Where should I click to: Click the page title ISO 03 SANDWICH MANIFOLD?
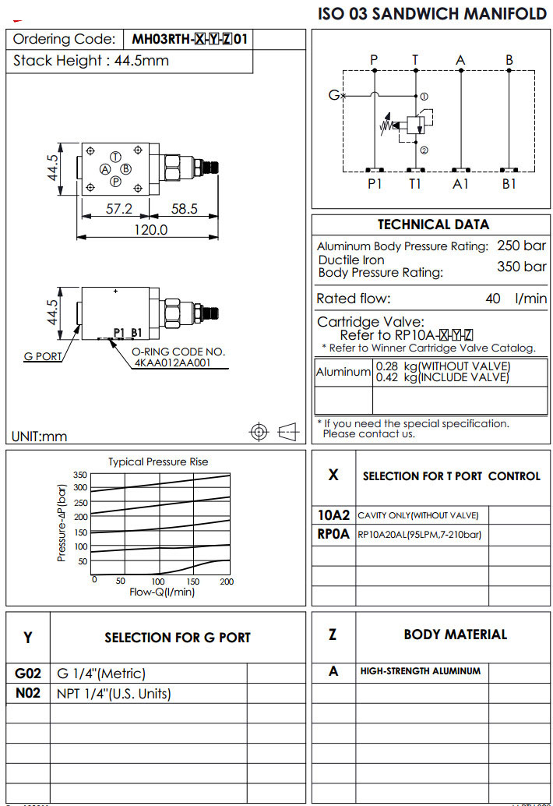coord(432,14)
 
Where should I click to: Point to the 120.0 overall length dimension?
coord(150,229)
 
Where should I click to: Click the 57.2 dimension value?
coord(118,209)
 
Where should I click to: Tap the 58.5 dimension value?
coord(184,209)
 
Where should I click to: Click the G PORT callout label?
coord(43,357)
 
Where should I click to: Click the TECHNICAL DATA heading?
coord(433,224)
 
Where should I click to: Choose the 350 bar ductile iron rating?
coord(522,267)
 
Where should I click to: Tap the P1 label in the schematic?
coord(375,184)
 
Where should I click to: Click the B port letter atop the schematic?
coord(509,60)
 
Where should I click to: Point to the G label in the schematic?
coord(333,95)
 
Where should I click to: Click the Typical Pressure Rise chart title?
coord(158,461)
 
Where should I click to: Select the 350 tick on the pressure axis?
coord(80,475)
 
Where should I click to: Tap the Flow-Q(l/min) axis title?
coord(162,592)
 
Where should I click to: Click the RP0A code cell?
coord(333,535)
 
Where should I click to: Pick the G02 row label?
coord(28,673)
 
